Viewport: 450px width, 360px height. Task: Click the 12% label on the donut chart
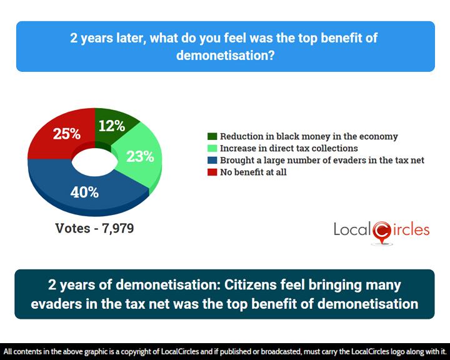[112, 126]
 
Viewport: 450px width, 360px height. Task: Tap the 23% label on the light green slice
[140, 157]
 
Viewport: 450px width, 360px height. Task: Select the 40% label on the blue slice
[84, 192]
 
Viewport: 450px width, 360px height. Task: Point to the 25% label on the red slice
[67, 134]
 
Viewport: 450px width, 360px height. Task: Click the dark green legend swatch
[212, 136]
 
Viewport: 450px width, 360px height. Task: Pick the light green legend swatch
[212, 148]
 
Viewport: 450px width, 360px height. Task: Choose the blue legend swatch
[212, 160]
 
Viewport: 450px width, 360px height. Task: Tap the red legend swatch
[212, 172]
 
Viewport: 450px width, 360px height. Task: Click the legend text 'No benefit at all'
[253, 172]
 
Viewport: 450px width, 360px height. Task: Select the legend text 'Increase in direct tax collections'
[289, 148]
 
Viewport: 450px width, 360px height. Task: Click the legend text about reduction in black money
[309, 136]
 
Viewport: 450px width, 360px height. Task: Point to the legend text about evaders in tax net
[322, 160]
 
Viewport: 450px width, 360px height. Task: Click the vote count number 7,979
[118, 229]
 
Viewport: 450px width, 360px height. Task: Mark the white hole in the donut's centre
[94, 162]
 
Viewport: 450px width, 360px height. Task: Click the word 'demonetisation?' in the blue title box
[225, 55]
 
